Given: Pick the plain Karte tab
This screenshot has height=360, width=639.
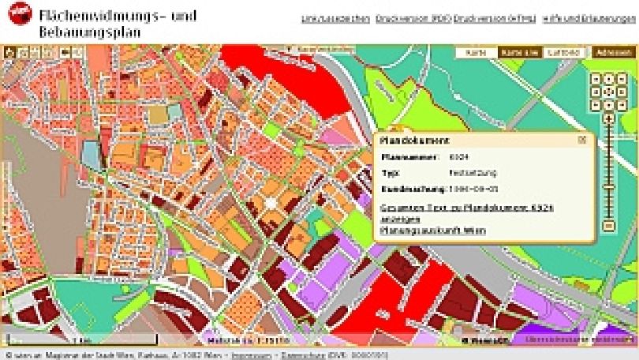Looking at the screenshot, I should coord(476,52).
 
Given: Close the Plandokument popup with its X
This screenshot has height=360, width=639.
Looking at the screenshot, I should coord(582,140).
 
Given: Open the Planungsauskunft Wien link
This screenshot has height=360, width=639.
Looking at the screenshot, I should coord(433,231).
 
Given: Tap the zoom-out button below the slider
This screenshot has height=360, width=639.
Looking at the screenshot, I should coord(608,226).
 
